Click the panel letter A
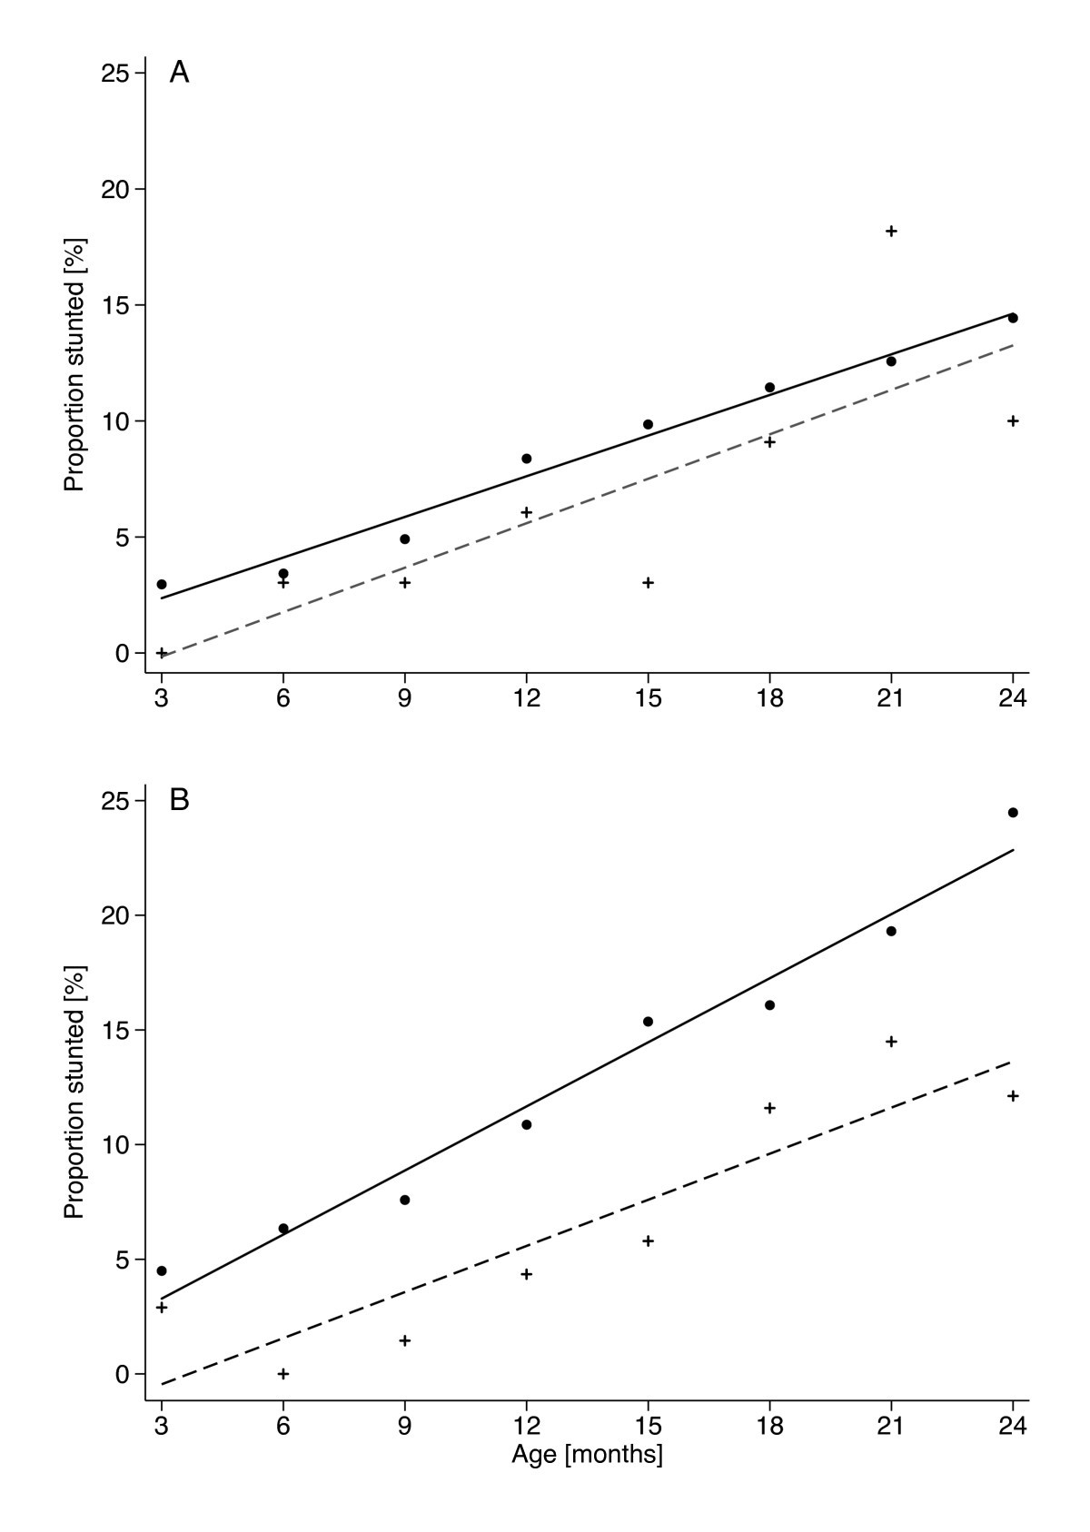click(179, 73)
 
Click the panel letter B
click(179, 801)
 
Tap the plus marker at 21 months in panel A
click(891, 231)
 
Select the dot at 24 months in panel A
click(1013, 318)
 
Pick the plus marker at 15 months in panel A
click(648, 582)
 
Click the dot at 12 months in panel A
click(526, 459)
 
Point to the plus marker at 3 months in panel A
click(162, 652)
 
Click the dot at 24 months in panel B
click(1013, 812)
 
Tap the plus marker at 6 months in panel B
click(283, 1373)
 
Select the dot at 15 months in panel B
click(648, 1022)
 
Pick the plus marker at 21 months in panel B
click(891, 1041)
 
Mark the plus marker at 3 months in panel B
click(162, 1307)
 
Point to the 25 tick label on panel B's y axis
click(114, 801)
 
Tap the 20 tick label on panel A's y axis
click(114, 189)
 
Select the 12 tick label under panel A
click(526, 698)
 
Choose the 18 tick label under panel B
click(769, 1425)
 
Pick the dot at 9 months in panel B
click(405, 1200)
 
